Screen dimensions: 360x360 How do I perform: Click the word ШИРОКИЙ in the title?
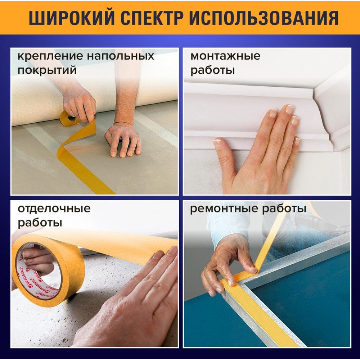[x=72, y=18]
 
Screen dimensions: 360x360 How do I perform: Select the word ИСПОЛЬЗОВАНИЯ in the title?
[x=264, y=18]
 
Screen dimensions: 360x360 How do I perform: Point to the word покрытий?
[x=47, y=70]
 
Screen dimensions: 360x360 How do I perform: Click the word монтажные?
[x=225, y=56]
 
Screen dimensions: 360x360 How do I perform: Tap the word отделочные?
[x=54, y=209]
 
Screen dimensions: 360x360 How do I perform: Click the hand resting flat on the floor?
[x=123, y=140]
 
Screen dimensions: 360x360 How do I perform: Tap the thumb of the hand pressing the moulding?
[x=224, y=158]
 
